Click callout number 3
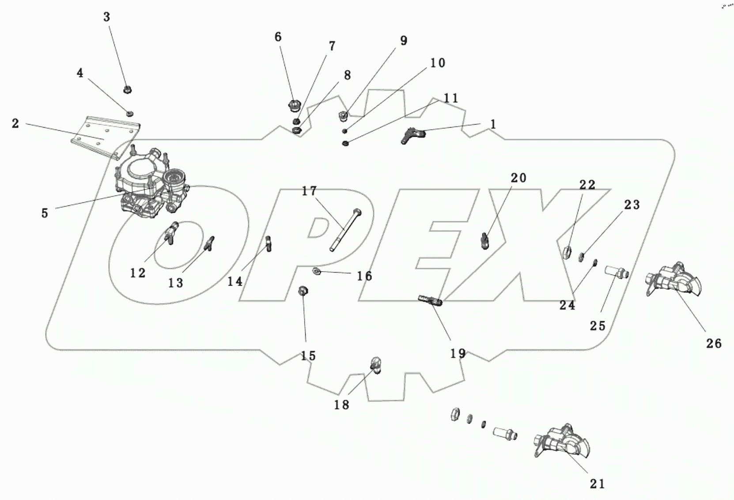pos(106,17)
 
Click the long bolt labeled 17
pos(345,230)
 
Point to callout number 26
pos(714,343)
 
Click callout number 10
pos(438,63)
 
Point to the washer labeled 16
pos(317,270)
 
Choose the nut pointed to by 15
pos(303,291)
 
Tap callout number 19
pos(458,353)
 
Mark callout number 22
pos(587,185)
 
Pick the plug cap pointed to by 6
pos(294,106)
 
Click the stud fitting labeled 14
pos(268,243)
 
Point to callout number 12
pos(137,273)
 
